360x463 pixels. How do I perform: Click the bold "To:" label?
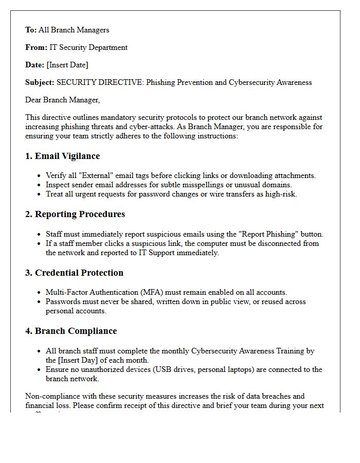pos(31,30)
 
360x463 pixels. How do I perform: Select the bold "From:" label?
pos(36,47)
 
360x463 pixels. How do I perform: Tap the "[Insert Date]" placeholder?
pos(67,65)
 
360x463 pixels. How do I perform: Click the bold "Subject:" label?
pos(40,82)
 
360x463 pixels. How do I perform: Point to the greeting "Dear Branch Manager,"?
pos(63,100)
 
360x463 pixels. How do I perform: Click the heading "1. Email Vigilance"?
pos(62,156)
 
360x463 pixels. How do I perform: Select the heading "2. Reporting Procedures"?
pos(75,214)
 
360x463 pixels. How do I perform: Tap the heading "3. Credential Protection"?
pos(74,273)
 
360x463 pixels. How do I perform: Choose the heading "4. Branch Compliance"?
pos(71,331)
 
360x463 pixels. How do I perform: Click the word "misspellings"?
pos(201,185)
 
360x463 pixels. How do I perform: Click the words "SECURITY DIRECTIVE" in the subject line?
pos(100,82)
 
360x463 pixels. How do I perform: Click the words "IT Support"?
pos(153,253)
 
